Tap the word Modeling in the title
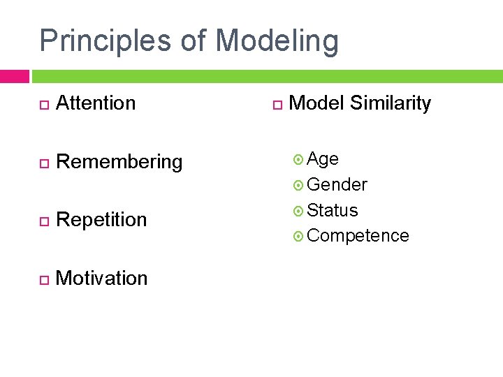tap(277, 42)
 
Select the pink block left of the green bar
tap(14, 76)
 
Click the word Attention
tap(96, 103)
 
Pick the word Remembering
tap(119, 162)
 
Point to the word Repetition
tap(101, 220)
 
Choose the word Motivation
tap(101, 278)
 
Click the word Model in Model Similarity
tap(316, 103)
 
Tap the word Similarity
tap(391, 103)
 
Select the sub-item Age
tap(323, 160)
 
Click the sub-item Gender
tap(337, 185)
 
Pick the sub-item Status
tap(333, 210)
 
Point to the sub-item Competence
tap(358, 236)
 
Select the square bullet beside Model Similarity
tap(277, 105)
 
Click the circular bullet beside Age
tap(299, 160)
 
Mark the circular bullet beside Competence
tap(299, 237)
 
